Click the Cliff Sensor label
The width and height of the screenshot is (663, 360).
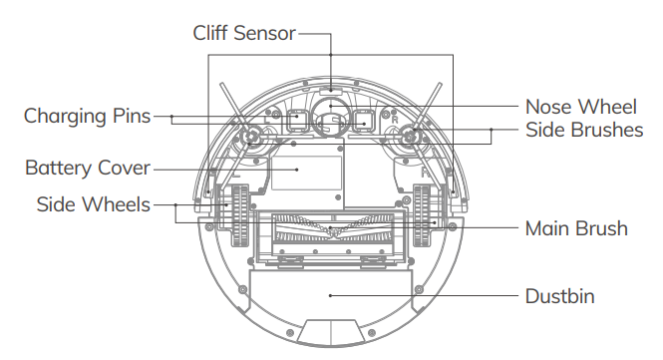point(244,33)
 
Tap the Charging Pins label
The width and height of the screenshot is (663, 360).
point(87,117)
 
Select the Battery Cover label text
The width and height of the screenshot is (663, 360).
point(88,168)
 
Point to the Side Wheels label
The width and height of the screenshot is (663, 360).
point(93,204)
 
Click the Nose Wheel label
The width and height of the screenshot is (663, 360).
point(580,107)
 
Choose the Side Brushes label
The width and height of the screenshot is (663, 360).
point(584,130)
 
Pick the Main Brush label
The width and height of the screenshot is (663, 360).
point(576,228)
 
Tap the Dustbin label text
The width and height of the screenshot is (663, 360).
point(560,296)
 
